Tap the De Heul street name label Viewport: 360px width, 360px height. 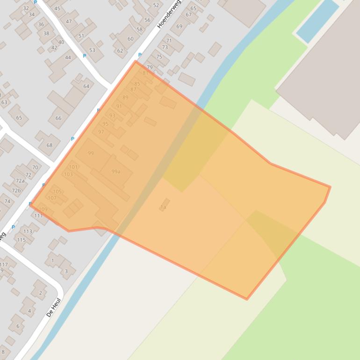pyautogui.click(x=54, y=307)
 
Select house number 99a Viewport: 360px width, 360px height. pyautogui.click(x=116, y=172)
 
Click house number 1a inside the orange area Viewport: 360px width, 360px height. pyautogui.click(x=163, y=207)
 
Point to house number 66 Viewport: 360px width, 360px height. pyautogui.click(x=58, y=118)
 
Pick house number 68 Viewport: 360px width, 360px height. pyautogui.click(x=49, y=145)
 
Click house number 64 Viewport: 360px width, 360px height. pyautogui.click(x=86, y=86)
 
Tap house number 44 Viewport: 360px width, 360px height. pyautogui.click(x=68, y=58)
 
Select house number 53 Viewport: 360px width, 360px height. pyautogui.click(x=92, y=50)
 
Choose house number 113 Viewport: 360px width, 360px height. pyautogui.click(x=28, y=231)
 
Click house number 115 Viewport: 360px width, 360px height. pyautogui.click(x=21, y=240)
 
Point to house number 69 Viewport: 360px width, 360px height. pyautogui.click(x=179, y=27)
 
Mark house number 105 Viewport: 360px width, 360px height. pyautogui.click(x=57, y=192)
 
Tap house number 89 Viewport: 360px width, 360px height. pyautogui.click(x=125, y=98)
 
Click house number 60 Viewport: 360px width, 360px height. pyautogui.click(x=130, y=39)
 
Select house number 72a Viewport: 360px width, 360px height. pyautogui.click(x=20, y=181)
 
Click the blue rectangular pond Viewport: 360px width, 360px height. pyautogui.click(x=317, y=21)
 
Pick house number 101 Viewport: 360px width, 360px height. pyautogui.click(x=73, y=167)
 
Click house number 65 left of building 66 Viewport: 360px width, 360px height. pyautogui.click(x=19, y=118)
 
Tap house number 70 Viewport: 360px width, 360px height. pyautogui.click(x=35, y=167)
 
